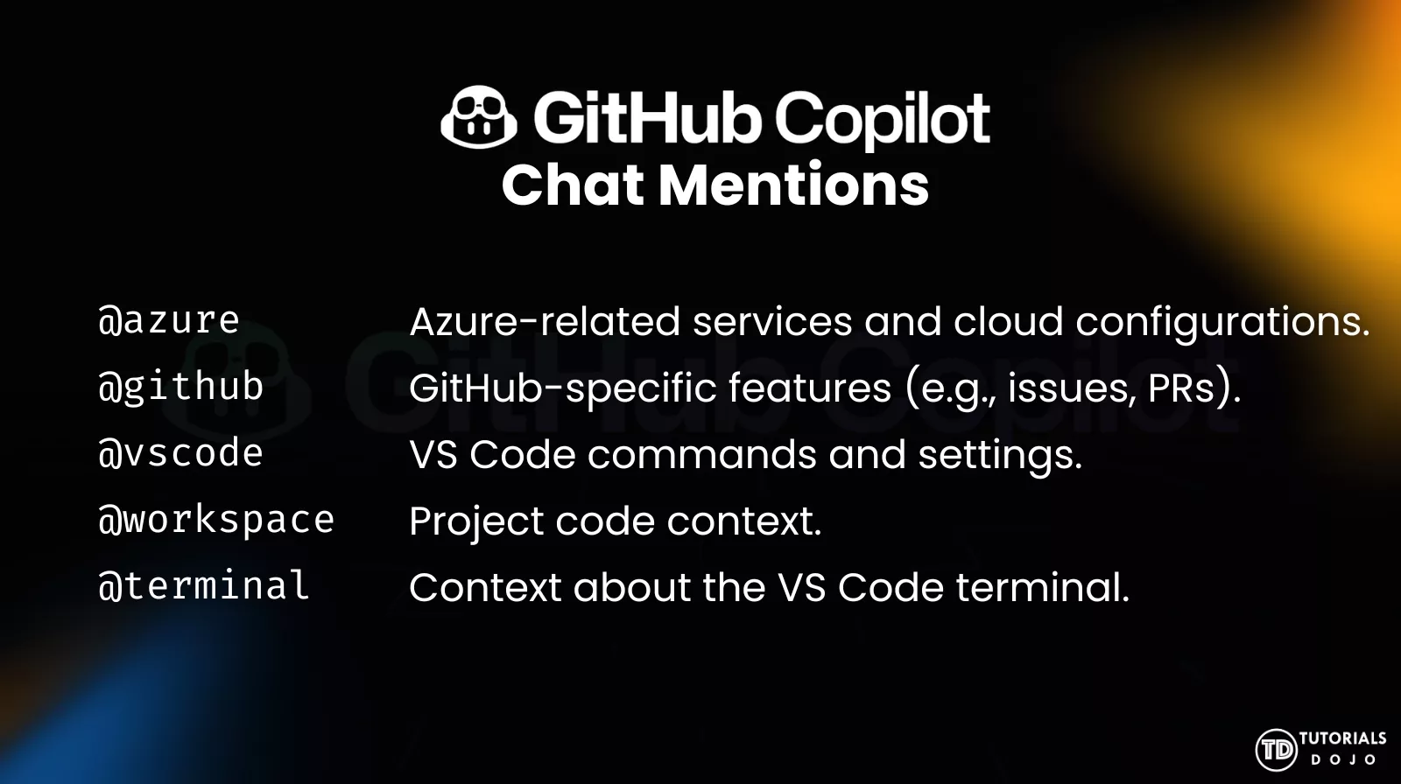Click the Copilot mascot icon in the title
click(479, 116)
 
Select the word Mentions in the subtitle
click(793, 185)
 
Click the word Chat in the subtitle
click(574, 185)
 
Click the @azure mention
click(169, 321)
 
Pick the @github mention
click(181, 387)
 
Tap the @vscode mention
click(181, 453)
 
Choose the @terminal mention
click(204, 586)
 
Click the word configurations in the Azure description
click(1222, 322)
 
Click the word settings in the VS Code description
click(1000, 455)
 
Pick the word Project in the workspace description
click(476, 521)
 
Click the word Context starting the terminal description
click(485, 587)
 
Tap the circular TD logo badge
click(1275, 749)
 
